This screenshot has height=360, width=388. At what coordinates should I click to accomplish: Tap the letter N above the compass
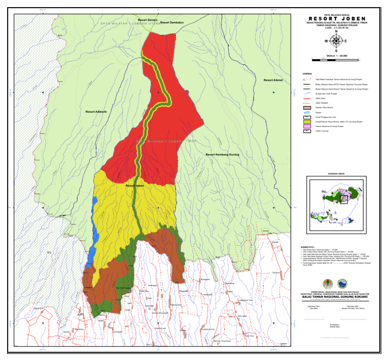tap(335, 32)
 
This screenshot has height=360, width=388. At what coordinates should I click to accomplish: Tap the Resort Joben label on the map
tap(135, 186)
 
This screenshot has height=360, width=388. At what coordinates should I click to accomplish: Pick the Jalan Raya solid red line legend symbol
tap(306, 98)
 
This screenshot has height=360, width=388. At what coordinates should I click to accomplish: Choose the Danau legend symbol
tap(306, 112)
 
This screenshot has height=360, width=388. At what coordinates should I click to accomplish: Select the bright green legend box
tap(306, 121)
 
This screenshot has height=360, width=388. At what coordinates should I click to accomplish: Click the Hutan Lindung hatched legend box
tap(306, 131)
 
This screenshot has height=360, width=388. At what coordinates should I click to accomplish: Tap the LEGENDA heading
tap(307, 73)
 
